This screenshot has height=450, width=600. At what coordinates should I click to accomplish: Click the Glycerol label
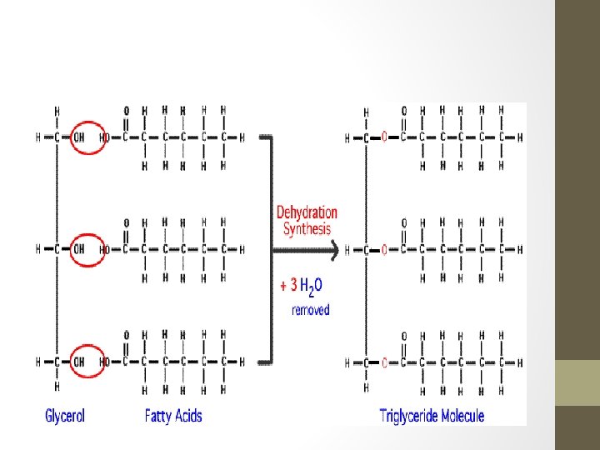65,415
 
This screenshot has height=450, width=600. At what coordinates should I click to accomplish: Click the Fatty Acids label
173,415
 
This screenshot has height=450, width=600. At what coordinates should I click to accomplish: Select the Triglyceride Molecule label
432,415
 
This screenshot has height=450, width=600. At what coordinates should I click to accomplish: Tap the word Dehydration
307,212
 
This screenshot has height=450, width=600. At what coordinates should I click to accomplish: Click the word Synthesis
307,228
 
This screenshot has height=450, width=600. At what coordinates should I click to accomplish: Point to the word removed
310,310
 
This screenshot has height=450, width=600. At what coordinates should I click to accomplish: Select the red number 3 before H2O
293,285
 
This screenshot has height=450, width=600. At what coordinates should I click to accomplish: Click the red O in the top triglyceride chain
384,138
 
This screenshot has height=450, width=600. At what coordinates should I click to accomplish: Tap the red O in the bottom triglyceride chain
384,362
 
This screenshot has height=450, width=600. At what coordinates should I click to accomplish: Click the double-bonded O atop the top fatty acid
126,110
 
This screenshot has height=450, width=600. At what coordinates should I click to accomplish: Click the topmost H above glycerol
57,110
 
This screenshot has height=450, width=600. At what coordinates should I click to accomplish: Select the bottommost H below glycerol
57,387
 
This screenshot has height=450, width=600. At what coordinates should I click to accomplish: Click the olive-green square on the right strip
577,382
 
